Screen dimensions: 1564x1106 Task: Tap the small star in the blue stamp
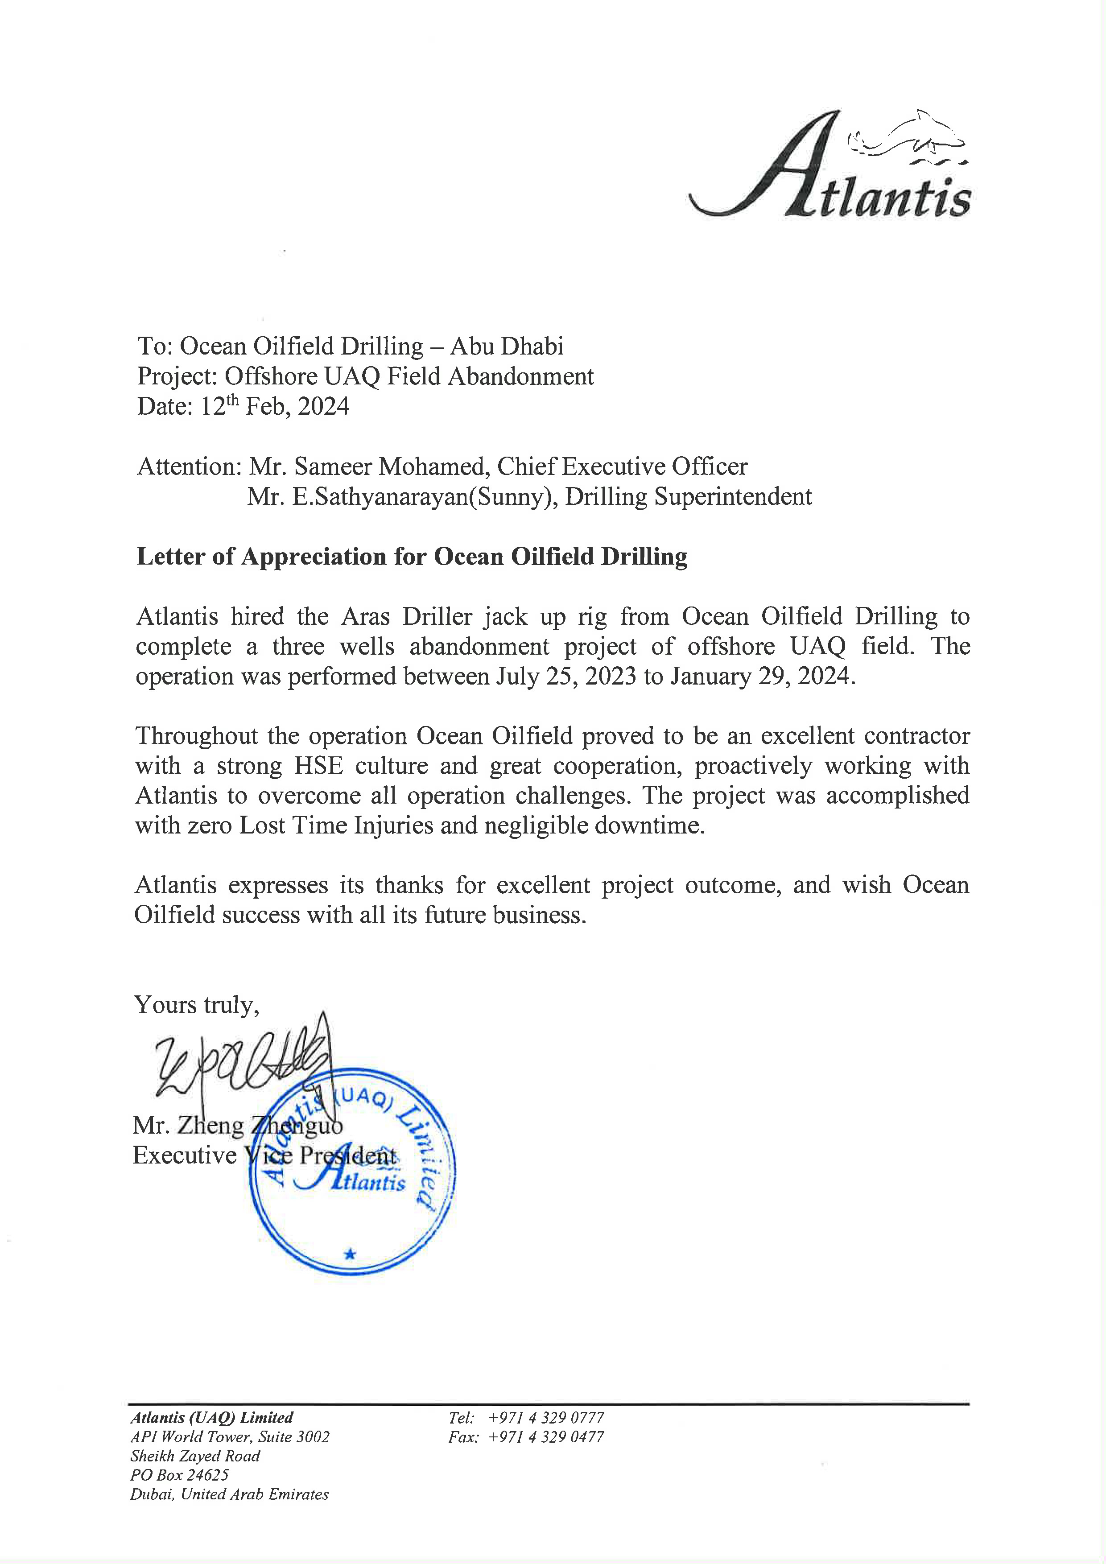coord(350,1253)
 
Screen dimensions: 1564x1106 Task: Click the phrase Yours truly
coord(196,1005)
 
